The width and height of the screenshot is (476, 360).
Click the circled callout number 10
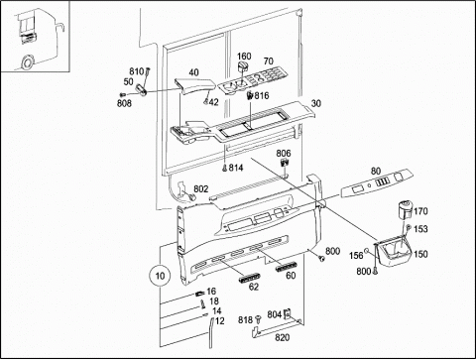pyautogui.click(x=160, y=276)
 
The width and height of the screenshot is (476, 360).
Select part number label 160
pyautogui.click(x=244, y=56)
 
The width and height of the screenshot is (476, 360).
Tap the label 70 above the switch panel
pyautogui.click(x=269, y=61)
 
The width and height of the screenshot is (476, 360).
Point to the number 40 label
pyautogui.click(x=193, y=72)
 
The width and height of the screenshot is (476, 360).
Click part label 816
pyautogui.click(x=262, y=96)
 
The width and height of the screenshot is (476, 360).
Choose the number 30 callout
pyautogui.click(x=316, y=103)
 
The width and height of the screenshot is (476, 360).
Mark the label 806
pyautogui.click(x=284, y=153)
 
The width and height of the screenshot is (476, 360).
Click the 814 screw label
pyautogui.click(x=236, y=168)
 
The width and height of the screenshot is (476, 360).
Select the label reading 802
pyautogui.click(x=201, y=188)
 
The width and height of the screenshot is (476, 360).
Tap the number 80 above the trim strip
pyautogui.click(x=376, y=171)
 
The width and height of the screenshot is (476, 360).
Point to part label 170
pyautogui.click(x=420, y=211)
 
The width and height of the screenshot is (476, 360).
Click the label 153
pyautogui.click(x=420, y=229)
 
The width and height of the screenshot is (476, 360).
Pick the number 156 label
pyautogui.click(x=356, y=255)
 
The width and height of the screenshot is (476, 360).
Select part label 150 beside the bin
pyautogui.click(x=420, y=254)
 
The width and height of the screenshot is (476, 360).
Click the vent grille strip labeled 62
pyautogui.click(x=249, y=278)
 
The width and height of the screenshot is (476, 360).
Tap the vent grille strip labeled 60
pyautogui.click(x=287, y=266)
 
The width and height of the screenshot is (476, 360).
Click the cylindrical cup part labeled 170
pyautogui.click(x=405, y=209)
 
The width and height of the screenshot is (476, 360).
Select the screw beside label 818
pyautogui.click(x=259, y=319)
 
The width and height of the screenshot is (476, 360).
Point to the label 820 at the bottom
pyautogui.click(x=283, y=337)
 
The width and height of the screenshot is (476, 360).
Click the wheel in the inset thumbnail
pyautogui.click(x=27, y=61)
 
